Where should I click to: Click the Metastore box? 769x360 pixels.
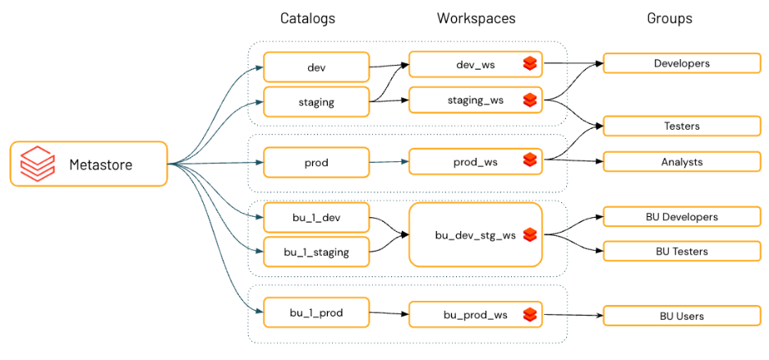click(89, 164)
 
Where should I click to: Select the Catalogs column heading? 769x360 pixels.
click(307, 18)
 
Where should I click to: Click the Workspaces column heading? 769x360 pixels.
click(476, 18)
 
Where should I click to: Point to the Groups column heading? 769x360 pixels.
click(669, 18)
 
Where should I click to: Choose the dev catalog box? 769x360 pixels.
click(315, 67)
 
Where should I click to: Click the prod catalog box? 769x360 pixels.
click(315, 163)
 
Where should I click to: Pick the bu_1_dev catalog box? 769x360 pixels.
click(315, 218)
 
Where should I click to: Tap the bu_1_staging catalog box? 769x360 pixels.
click(315, 252)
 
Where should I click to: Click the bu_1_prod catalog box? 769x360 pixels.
click(315, 312)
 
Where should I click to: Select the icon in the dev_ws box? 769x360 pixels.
click(530, 64)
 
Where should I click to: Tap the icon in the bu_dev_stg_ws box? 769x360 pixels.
click(530, 235)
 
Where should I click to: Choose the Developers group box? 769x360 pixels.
click(682, 63)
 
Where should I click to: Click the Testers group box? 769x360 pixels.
click(682, 126)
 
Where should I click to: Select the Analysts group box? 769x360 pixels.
click(682, 162)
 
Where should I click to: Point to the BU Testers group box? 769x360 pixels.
click(682, 251)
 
